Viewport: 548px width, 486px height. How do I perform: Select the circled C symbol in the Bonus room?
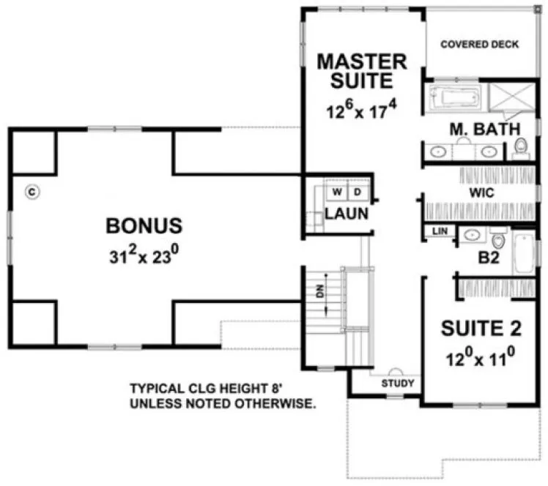click(31, 191)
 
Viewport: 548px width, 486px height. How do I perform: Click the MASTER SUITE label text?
click(361, 70)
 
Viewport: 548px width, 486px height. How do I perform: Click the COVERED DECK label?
click(479, 45)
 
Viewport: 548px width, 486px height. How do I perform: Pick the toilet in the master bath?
click(521, 146)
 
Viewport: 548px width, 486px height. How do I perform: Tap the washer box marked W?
click(338, 192)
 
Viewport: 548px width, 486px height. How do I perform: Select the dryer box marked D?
click(358, 192)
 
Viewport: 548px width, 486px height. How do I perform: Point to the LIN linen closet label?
click(440, 231)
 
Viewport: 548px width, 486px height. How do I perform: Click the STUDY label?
click(398, 383)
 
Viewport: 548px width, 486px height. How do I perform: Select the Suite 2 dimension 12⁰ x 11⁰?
click(480, 360)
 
